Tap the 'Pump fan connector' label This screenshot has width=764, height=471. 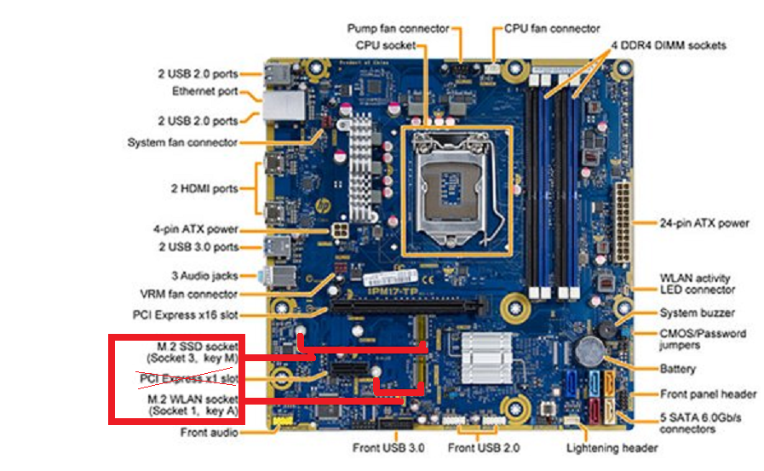click(x=398, y=29)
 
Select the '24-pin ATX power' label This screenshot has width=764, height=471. click(x=704, y=223)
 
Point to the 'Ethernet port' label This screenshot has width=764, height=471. click(x=204, y=91)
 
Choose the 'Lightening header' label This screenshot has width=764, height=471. click(x=612, y=448)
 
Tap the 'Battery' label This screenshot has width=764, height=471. click(x=677, y=369)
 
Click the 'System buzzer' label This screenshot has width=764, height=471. click(x=697, y=313)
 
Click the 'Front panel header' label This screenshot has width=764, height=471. click(x=708, y=394)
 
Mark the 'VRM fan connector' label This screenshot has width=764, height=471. click(x=189, y=294)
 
